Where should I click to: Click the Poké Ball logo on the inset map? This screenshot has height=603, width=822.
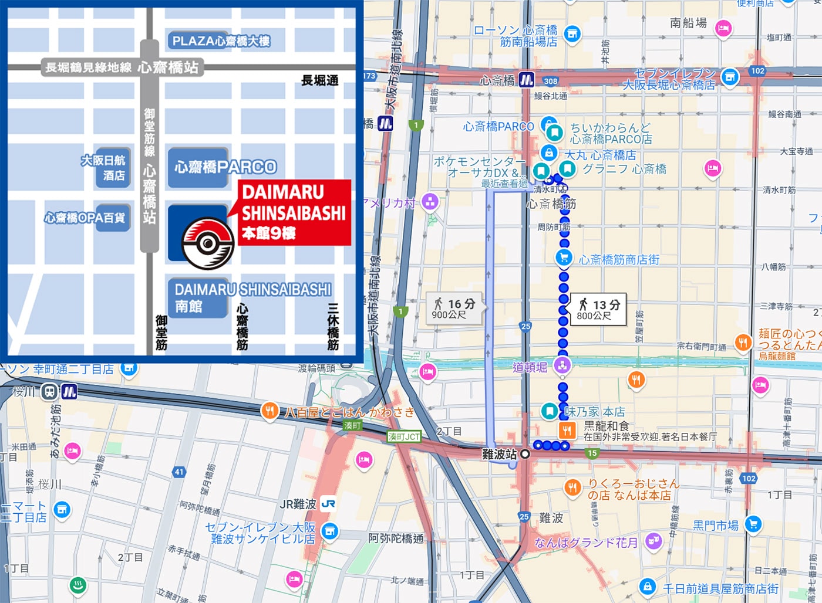208,243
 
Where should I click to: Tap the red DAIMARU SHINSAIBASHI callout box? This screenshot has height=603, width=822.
294,212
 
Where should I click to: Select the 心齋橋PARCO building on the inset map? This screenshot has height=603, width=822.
225,167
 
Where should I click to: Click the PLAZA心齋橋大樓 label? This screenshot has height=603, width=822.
221,41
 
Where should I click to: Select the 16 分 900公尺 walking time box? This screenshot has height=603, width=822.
454,309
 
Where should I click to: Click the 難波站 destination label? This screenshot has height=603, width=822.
499,454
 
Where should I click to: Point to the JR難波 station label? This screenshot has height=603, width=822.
298,504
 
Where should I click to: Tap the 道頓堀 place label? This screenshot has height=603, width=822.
530,367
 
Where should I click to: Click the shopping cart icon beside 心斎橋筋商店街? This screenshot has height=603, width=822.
564,257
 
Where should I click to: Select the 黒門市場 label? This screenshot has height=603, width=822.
716,525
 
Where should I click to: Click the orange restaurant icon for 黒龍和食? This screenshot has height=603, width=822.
567,431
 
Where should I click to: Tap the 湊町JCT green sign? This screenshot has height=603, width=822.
404,436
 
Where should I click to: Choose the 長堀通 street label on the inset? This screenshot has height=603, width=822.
319,80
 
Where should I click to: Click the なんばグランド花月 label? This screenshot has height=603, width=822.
585,543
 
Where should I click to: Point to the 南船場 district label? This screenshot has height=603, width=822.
688,23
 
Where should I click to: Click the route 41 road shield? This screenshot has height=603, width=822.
179,472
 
